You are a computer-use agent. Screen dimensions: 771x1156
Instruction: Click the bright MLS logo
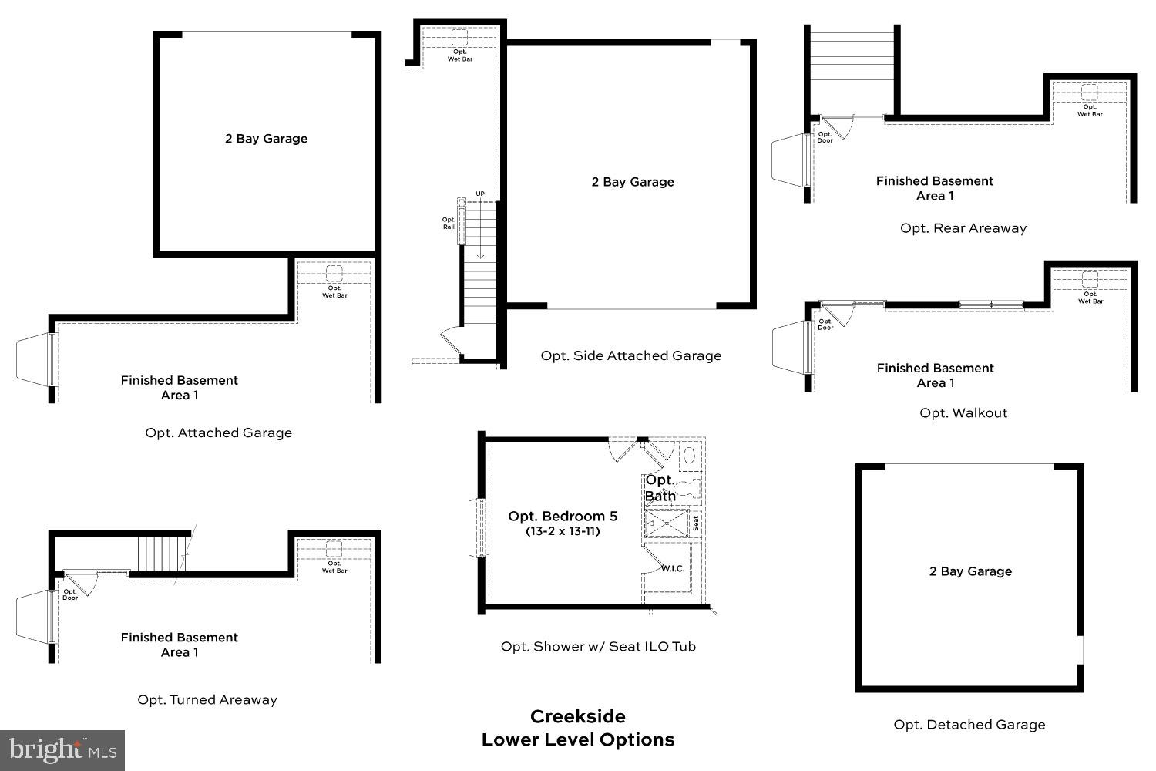(62, 749)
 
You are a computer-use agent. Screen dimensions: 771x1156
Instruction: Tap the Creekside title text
(577, 716)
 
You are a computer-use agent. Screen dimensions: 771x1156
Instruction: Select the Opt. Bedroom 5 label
(563, 517)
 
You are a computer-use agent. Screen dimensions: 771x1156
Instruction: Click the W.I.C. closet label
(672, 568)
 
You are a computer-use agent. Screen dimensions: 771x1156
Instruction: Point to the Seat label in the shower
(696, 524)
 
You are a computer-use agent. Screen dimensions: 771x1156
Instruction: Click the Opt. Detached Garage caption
(969, 725)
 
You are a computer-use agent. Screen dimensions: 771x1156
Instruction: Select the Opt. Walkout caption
(963, 413)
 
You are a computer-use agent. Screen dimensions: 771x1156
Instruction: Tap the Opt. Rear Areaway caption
(963, 228)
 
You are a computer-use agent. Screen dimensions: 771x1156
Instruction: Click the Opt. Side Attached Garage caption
(630, 355)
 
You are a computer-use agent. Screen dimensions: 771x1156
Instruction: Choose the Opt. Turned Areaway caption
(207, 700)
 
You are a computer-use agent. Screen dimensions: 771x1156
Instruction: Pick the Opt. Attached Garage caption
(218, 433)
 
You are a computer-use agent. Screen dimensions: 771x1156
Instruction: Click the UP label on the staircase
(480, 194)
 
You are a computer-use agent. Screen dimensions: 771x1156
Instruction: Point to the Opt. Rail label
(449, 224)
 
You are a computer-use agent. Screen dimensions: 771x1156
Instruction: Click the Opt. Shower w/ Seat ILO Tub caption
(598, 647)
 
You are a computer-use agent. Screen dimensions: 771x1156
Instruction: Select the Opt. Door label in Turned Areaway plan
(70, 594)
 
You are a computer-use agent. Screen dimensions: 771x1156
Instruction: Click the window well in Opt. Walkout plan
(790, 345)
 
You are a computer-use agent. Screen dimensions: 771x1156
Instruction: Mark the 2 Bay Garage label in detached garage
(970, 571)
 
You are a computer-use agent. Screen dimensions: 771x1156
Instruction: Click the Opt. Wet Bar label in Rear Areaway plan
(1090, 110)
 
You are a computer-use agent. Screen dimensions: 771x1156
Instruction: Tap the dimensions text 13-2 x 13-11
(563, 531)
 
